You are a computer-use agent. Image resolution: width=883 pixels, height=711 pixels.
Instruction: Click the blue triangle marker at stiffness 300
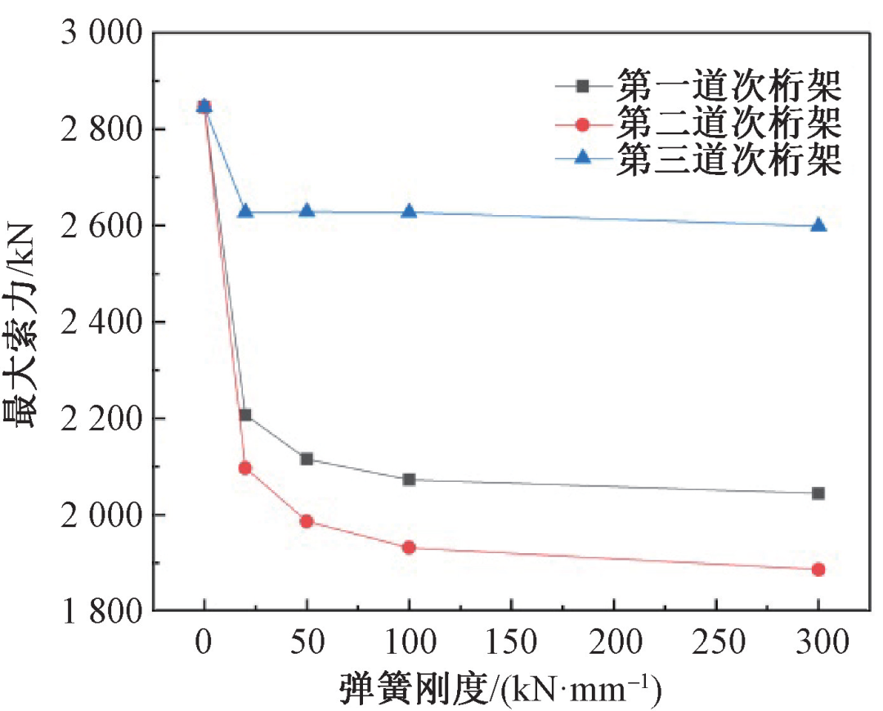pos(818,225)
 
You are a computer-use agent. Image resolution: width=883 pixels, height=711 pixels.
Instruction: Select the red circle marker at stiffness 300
pos(818,569)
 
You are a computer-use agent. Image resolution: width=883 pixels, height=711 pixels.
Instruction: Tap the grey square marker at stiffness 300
pos(818,493)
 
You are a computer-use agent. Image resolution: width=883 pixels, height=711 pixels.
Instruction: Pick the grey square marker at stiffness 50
pos(307,459)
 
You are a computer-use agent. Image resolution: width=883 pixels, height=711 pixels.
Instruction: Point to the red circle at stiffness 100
pos(409,547)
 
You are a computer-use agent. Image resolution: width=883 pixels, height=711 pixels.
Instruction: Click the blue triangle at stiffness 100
pos(409,211)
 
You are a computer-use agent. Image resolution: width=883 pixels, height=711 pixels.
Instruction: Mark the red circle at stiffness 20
pos(244,468)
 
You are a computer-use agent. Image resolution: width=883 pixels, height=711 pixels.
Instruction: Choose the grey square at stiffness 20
pos(244,415)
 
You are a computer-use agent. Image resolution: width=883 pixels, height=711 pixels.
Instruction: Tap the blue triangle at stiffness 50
pos(307,211)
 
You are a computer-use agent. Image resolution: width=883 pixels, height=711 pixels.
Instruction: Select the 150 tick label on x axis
pos(511,644)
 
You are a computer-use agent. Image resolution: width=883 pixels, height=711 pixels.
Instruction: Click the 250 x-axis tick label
pos(716,644)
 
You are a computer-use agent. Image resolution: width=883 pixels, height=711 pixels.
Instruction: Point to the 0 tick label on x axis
pos(204,644)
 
